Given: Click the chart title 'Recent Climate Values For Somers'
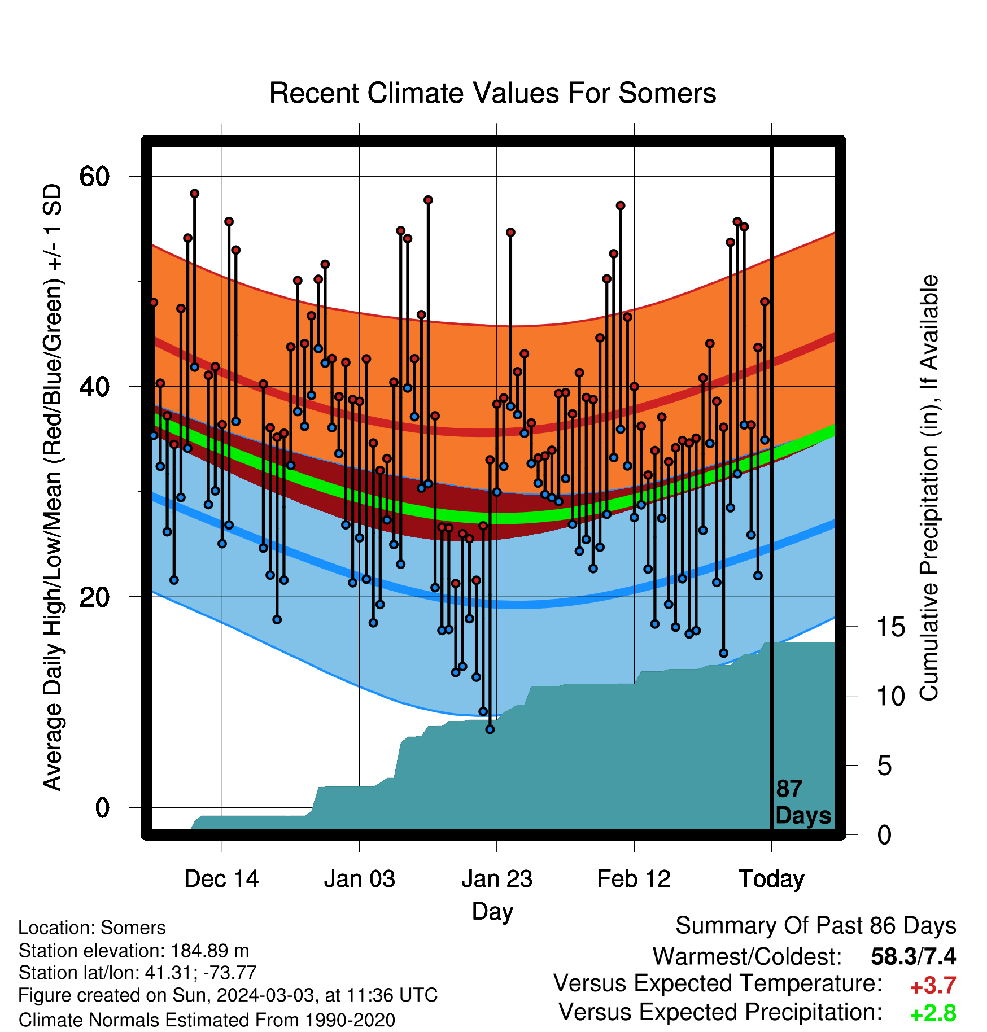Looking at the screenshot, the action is tap(492, 93).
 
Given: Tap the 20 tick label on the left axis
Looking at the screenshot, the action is tap(94, 597).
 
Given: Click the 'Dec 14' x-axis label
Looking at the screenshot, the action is tap(221, 879).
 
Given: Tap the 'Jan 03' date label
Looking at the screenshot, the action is tap(360, 879).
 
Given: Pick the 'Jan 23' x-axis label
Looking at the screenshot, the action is tap(497, 879).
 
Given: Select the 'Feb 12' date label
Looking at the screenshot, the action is tap(634, 879).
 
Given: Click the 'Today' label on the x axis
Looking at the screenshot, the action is tap(771, 880).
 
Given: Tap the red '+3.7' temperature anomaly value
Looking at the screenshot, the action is tap(933, 986).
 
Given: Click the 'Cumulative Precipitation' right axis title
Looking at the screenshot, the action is tap(929, 488).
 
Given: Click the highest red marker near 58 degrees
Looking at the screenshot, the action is tap(195, 194).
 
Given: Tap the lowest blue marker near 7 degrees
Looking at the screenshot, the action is tap(490, 729).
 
